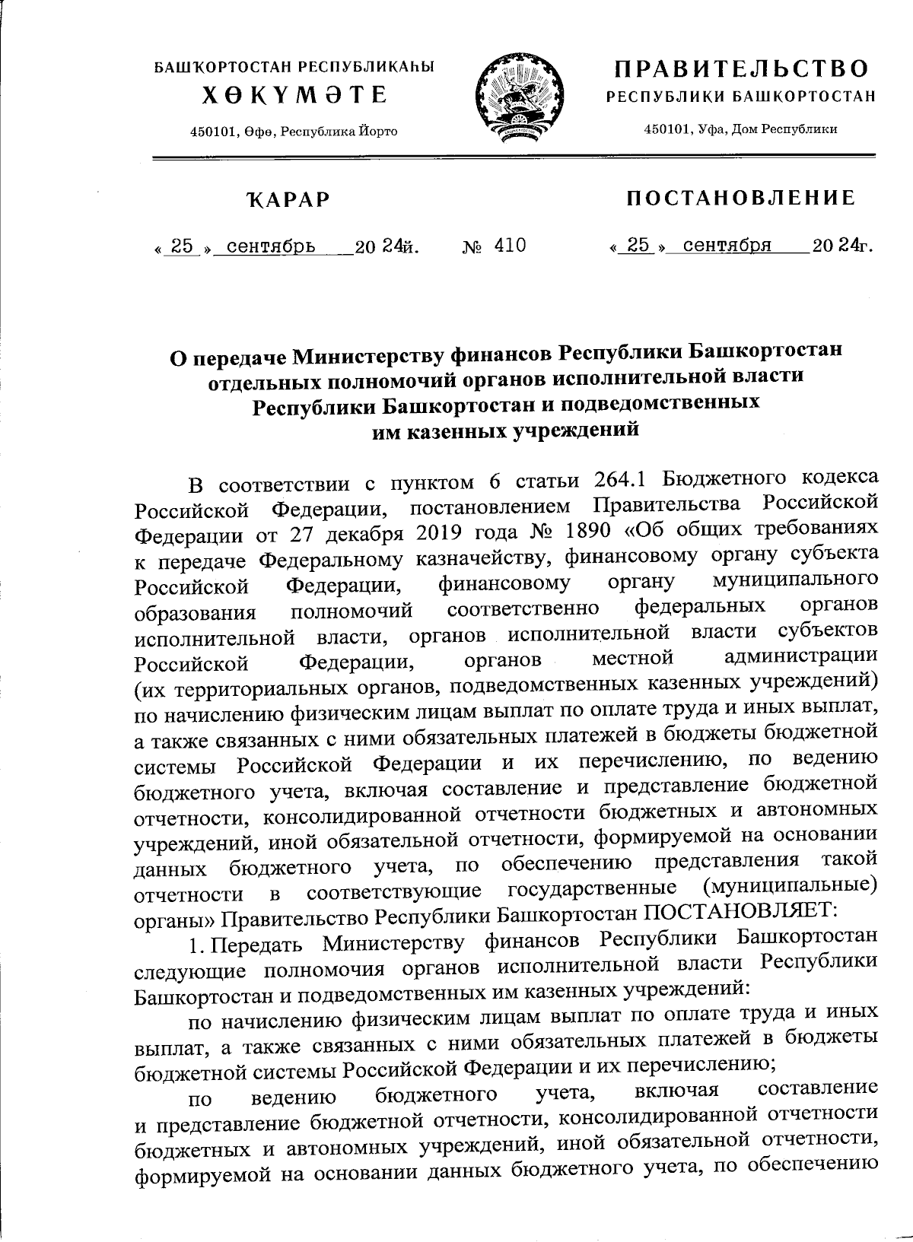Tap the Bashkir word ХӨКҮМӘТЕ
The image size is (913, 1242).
pyautogui.click(x=294, y=96)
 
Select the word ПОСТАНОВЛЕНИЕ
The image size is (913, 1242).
pyautogui.click(x=740, y=199)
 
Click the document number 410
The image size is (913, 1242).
pyautogui.click(x=510, y=246)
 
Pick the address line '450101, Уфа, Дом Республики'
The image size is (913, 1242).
pyautogui.click(x=740, y=129)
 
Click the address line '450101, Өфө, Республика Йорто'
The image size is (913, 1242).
pyautogui.click(x=294, y=132)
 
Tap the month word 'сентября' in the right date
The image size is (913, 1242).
pyautogui.click(x=727, y=246)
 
